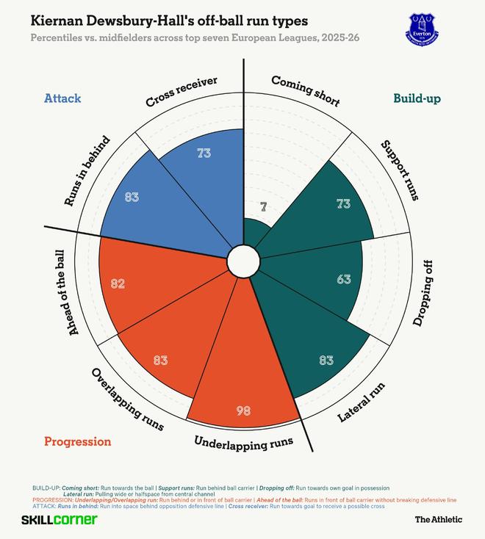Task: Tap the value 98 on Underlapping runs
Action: tap(244, 410)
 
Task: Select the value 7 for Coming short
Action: tap(263, 208)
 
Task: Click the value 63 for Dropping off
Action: tap(343, 279)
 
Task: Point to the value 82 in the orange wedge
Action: tap(118, 283)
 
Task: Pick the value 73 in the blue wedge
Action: tap(204, 153)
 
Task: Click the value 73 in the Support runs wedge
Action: tap(343, 203)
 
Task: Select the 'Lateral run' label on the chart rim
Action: tap(362, 403)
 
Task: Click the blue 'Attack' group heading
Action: tap(62, 98)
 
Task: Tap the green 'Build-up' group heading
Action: tap(417, 98)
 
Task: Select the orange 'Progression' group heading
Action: tap(78, 441)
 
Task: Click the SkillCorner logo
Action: tap(59, 519)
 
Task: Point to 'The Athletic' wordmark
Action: tap(439, 519)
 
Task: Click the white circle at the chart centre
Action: tap(242, 260)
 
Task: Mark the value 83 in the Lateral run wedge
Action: tap(326, 360)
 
